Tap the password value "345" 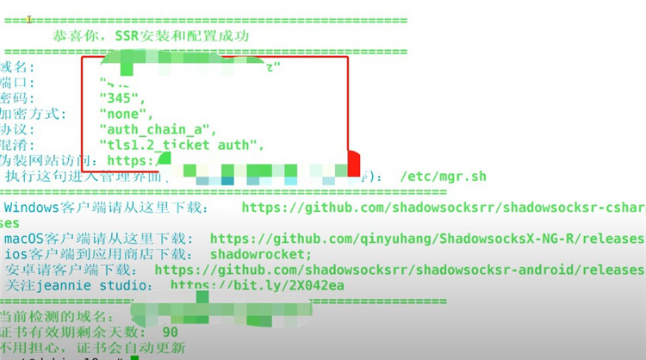tap(119, 97)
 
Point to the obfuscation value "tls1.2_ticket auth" tap(181, 145)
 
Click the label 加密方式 tap(31, 113)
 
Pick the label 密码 tap(15, 97)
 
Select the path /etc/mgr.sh tap(443, 177)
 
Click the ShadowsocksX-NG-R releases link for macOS tap(427, 239)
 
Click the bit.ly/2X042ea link tap(258, 285)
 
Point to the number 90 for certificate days tap(170, 332)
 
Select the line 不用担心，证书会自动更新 tap(92, 347)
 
